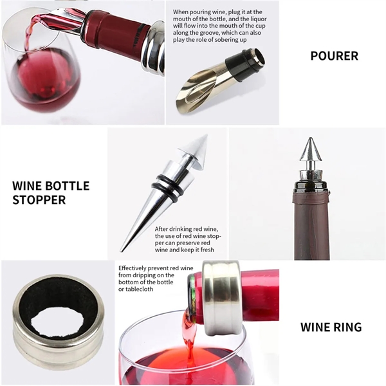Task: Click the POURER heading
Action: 334,56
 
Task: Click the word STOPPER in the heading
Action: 39,199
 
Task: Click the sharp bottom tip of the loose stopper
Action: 121,251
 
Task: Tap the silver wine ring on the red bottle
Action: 221,299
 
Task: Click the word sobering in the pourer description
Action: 221,40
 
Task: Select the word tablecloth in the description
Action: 139,289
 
